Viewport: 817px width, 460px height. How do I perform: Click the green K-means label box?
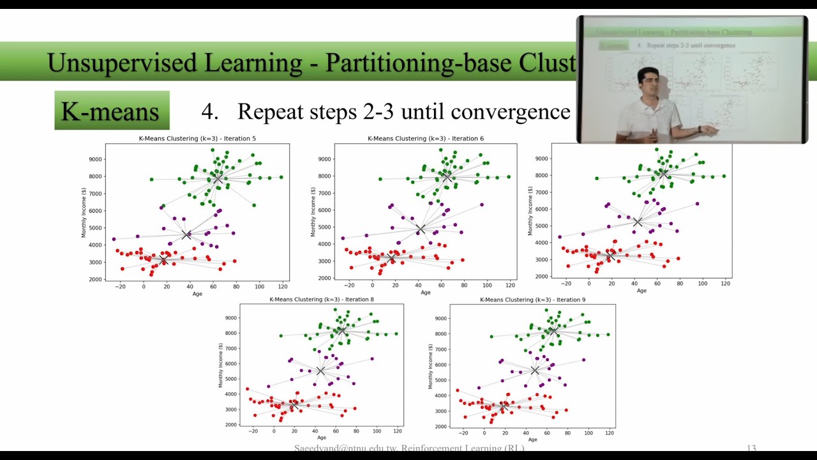pos(112,111)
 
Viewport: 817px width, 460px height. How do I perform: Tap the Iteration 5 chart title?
pos(197,139)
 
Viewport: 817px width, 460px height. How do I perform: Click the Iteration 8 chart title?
pos(322,299)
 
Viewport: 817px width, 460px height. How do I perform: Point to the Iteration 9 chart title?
pos(532,300)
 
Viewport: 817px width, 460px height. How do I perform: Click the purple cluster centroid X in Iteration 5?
pos(186,235)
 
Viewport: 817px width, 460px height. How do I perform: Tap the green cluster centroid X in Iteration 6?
pos(447,176)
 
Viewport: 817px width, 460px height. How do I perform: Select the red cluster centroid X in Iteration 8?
pos(294,406)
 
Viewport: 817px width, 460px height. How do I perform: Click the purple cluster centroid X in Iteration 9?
pos(535,371)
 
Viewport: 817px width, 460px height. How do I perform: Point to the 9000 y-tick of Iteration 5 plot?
pos(94,159)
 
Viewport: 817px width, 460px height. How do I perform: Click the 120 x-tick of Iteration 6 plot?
pos(511,285)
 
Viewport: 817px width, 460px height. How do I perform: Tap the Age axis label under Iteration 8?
pos(322,438)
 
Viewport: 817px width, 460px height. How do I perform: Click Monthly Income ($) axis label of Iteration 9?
pos(430,365)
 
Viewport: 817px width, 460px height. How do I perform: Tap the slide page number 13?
pos(751,448)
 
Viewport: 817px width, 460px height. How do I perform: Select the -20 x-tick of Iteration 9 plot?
pos(463,433)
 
